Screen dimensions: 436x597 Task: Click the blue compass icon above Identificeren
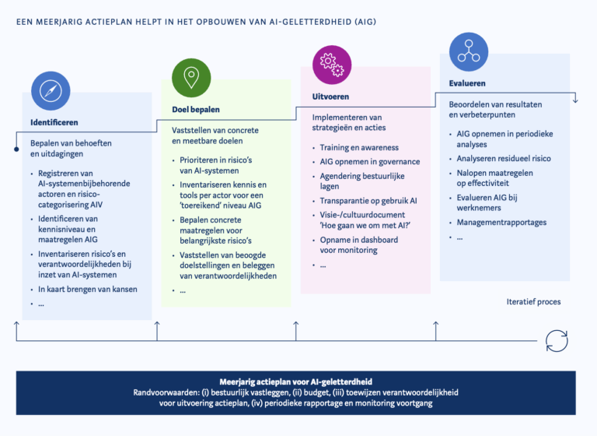(51, 91)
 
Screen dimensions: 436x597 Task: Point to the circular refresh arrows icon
(557, 340)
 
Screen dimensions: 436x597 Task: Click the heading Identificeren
(54, 122)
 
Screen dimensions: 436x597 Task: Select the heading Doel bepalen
(196, 110)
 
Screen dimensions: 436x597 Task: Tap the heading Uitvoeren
(330, 97)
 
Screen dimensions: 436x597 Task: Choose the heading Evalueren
(467, 83)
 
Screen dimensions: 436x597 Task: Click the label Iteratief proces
(533, 301)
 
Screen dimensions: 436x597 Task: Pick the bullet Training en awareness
(359, 148)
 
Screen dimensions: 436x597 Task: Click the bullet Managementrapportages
(501, 223)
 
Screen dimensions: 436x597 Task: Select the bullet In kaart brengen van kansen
(88, 289)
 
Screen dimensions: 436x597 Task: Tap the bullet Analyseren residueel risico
(504, 159)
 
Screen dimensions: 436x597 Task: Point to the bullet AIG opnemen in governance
(370, 162)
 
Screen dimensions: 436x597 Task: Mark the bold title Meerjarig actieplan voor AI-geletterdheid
(297, 381)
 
